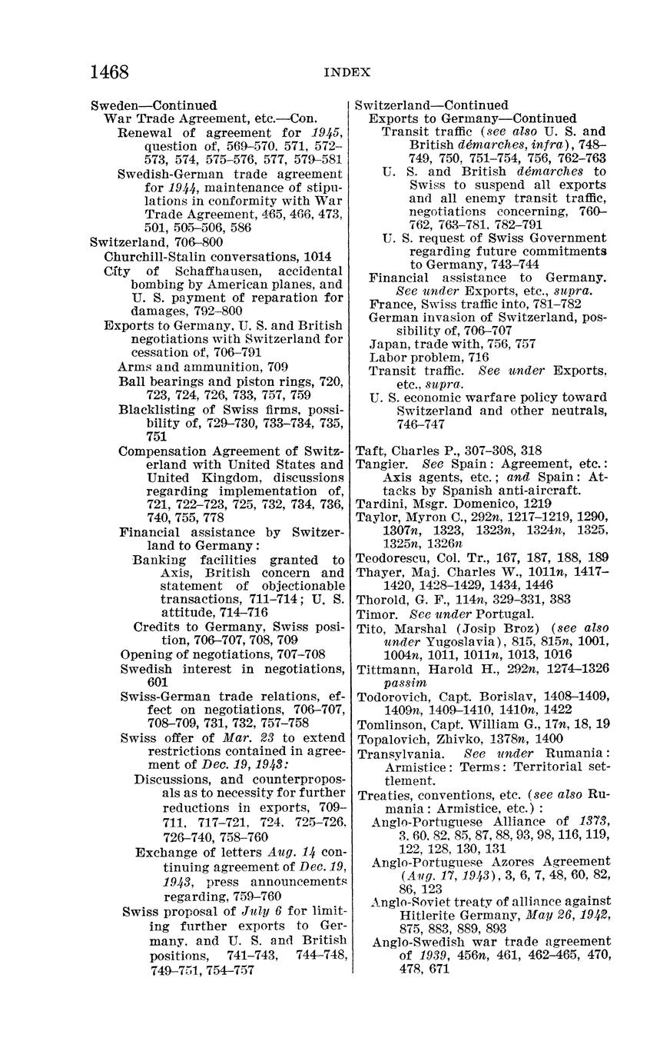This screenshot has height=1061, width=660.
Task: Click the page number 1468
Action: click(109, 72)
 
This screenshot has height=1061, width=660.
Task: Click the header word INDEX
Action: click(347, 73)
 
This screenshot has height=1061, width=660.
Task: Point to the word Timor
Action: click(375, 614)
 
